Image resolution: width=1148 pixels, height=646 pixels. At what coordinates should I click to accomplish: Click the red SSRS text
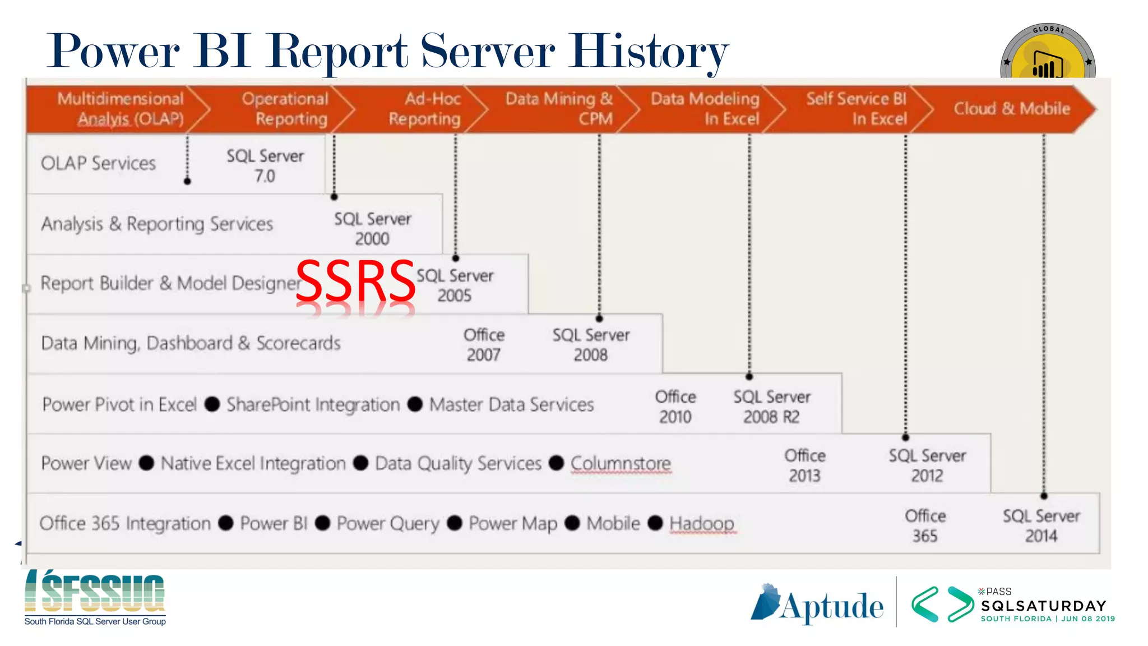point(355,281)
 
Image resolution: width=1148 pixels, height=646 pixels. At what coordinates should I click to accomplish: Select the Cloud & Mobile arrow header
point(1012,109)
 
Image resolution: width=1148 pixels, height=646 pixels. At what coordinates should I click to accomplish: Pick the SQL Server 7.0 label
point(265,165)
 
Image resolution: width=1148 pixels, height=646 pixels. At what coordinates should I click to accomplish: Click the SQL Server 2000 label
point(373,229)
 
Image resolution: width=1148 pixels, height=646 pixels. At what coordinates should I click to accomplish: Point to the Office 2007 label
point(484,345)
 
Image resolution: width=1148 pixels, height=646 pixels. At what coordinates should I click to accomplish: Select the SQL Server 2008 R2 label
point(772,407)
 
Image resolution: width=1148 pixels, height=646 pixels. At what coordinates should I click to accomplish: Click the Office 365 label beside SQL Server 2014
point(925,525)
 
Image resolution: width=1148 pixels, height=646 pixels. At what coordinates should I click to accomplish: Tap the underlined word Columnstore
point(621,463)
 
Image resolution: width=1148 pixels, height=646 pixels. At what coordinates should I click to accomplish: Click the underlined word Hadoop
point(702,523)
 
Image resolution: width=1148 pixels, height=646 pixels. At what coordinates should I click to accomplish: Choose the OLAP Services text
point(98,163)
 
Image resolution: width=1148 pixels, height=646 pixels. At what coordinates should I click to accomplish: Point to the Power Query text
point(388,523)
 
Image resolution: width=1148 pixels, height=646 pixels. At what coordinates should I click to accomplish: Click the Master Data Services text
point(511,404)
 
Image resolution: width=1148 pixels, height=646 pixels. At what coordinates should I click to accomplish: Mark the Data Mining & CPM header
point(559,109)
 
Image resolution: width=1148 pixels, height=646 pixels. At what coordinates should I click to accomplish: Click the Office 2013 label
point(805,465)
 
